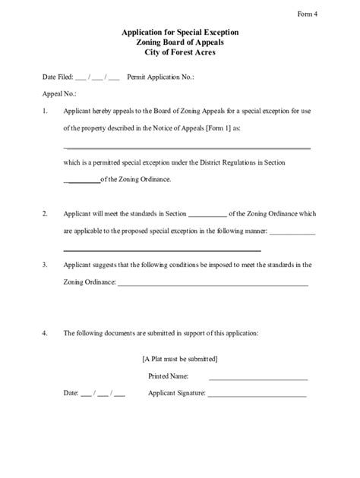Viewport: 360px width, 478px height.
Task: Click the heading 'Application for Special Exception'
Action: point(180,34)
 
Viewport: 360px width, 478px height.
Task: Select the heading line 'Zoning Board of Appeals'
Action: point(180,44)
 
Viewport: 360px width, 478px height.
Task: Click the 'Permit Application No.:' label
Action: point(159,77)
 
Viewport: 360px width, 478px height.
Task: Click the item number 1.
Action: point(46,111)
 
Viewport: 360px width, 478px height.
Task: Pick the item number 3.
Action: point(46,266)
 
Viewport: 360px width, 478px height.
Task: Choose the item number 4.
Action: point(46,333)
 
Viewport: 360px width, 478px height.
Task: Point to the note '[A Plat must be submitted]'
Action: point(180,358)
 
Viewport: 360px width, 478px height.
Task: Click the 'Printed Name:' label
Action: point(168,376)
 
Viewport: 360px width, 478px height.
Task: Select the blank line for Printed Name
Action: point(258,378)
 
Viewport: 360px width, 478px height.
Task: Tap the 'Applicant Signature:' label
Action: point(176,395)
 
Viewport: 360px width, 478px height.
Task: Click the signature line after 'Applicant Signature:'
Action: point(257,396)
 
